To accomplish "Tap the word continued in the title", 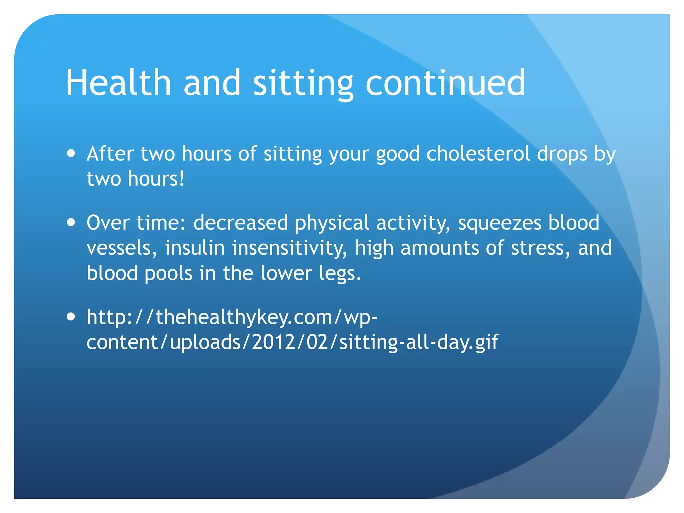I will [x=446, y=82].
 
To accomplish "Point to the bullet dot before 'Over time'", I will [x=71, y=222].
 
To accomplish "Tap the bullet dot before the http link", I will [x=71, y=317].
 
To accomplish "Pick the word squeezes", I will [x=499, y=223].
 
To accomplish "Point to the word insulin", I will [x=195, y=248].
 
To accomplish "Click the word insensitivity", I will [x=290, y=248].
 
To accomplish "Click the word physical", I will [x=332, y=223].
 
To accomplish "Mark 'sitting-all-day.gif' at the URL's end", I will [x=418, y=342].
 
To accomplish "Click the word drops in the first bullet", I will [x=562, y=154].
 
